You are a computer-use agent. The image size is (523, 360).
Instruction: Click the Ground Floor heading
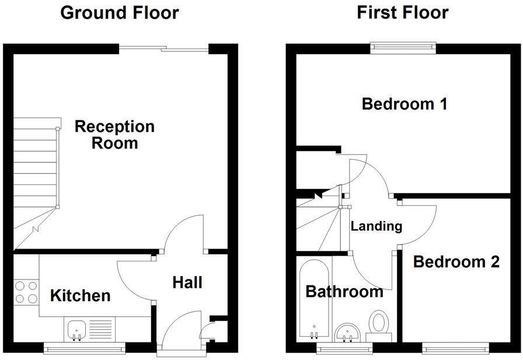[120, 12]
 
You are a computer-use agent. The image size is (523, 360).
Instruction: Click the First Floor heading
[403, 12]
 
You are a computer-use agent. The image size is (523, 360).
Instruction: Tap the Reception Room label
[114, 134]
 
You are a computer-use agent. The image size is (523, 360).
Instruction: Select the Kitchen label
[80, 295]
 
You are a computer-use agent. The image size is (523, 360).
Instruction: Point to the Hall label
[187, 282]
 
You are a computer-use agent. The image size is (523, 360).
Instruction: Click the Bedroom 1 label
[405, 104]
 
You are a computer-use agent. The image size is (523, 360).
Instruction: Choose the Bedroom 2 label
[456, 262]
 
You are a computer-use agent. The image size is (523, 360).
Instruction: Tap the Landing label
[376, 226]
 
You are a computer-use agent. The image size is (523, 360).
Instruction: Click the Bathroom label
[344, 291]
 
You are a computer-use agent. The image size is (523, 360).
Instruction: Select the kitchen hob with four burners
[25, 292]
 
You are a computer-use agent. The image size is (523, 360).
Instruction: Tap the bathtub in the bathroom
[315, 299]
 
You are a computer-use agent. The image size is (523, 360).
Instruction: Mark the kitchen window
[85, 348]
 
